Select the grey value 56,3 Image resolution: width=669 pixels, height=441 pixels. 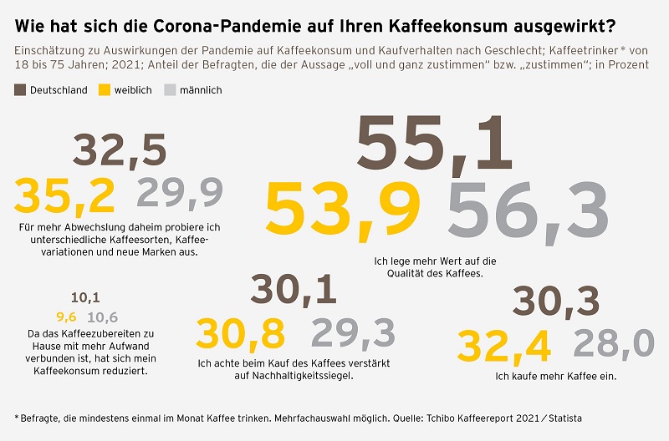528,209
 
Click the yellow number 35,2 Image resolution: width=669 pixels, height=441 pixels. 64,195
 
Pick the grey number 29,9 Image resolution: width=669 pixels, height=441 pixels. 180,194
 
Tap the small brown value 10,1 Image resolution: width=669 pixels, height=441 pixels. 85,297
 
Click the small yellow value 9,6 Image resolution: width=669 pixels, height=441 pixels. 66,317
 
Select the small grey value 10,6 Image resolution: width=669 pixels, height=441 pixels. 102,317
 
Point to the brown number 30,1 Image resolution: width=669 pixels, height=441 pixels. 294,290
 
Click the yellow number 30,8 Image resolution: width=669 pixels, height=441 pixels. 239,333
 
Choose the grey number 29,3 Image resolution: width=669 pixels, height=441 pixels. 352,333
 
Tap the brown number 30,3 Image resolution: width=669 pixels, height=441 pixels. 556,302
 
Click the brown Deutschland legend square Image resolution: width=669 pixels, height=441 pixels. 20,90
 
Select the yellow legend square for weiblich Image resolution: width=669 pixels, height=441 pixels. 105,90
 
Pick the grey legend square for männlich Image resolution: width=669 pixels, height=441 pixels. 171,90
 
